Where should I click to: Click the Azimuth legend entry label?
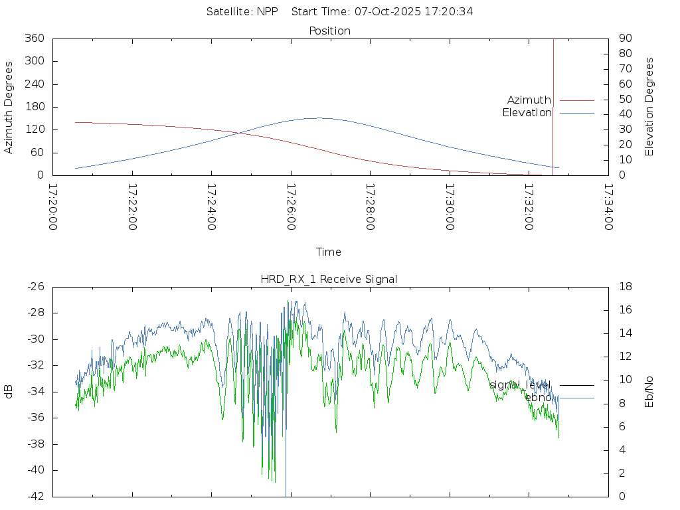click(529, 100)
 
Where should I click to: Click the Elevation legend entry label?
click(527, 113)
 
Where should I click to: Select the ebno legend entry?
click(538, 398)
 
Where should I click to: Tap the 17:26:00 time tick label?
click(291, 207)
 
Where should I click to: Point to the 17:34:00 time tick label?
click(608, 207)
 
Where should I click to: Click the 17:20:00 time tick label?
click(53, 207)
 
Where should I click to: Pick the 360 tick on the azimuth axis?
click(34, 39)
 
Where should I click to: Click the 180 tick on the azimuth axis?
click(34, 107)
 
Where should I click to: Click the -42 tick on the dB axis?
click(35, 496)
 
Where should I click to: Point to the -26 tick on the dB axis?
click(35, 287)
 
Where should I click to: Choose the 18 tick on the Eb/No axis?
click(626, 287)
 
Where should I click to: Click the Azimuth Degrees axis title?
click(9, 107)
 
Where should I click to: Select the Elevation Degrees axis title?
click(649, 107)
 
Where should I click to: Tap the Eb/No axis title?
click(649, 392)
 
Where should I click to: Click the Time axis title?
click(329, 252)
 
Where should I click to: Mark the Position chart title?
click(329, 31)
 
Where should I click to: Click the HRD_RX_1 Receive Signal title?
click(329, 279)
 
